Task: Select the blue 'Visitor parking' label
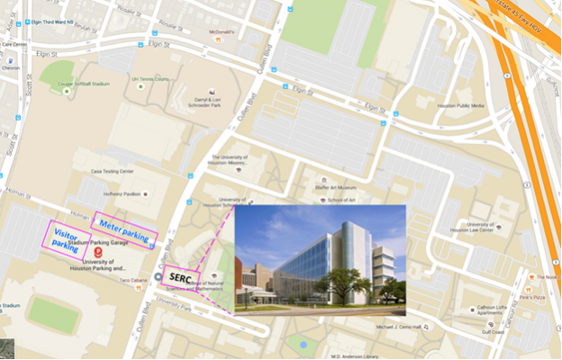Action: (x=63, y=236)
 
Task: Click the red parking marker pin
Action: (x=97, y=253)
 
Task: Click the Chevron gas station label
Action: (x=11, y=66)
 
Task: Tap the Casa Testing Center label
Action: (x=112, y=170)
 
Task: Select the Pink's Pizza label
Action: (x=535, y=295)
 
